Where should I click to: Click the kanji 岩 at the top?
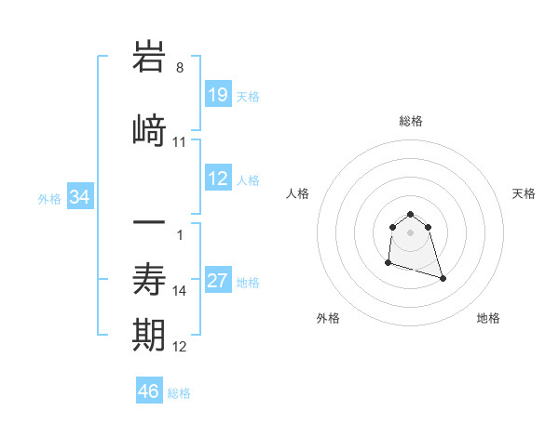150,58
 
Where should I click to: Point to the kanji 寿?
150,279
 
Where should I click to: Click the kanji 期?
150,336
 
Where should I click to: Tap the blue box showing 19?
218,95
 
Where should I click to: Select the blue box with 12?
218,179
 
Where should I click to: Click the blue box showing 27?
218,282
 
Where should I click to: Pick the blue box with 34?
80,197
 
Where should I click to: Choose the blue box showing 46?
149,391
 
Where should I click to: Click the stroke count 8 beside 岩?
180,68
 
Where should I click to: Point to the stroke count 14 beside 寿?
180,291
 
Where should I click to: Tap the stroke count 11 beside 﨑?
180,142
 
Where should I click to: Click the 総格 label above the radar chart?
411,121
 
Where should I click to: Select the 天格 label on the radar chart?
525,193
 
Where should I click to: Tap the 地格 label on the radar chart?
488,318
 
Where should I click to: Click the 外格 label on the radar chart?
328,318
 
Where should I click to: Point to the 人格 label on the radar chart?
298,193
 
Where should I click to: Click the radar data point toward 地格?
443,278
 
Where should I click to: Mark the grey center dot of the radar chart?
411,232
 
